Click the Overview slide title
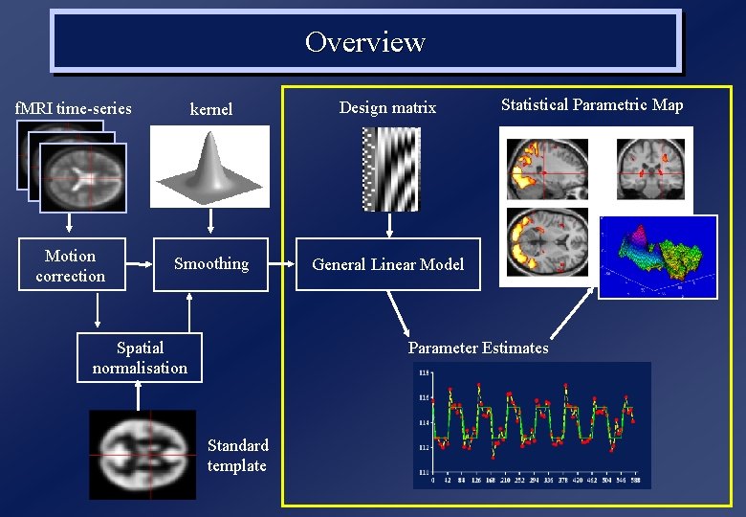[364, 42]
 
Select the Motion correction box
[71, 265]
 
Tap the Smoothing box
[211, 264]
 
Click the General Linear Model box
[387, 264]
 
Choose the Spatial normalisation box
[140, 357]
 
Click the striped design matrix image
[388, 169]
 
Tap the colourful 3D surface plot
[658, 257]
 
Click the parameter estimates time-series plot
[532, 425]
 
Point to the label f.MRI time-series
[73, 108]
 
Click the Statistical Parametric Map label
[592, 105]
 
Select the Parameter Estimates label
[478, 348]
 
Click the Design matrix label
[387, 108]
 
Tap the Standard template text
[237, 456]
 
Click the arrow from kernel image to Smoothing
[209, 222]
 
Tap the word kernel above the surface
[210, 109]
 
